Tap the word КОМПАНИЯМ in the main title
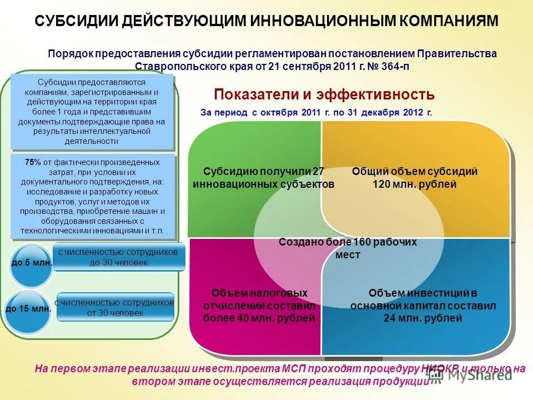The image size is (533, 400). click(447, 21)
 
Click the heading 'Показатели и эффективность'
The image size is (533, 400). click(324, 94)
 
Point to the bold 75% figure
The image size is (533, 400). click(33, 162)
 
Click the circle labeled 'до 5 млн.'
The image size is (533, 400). click(32, 262)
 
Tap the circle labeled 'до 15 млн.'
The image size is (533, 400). click(28, 308)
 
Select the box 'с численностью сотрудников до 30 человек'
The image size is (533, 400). click(119, 257)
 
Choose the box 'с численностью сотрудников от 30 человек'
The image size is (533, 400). click(115, 307)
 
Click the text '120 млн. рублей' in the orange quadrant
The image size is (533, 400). click(414, 184)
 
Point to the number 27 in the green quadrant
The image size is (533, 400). click(318, 172)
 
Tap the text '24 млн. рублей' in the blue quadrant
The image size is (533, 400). click(423, 318)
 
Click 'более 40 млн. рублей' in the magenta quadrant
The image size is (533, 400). click(259, 318)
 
